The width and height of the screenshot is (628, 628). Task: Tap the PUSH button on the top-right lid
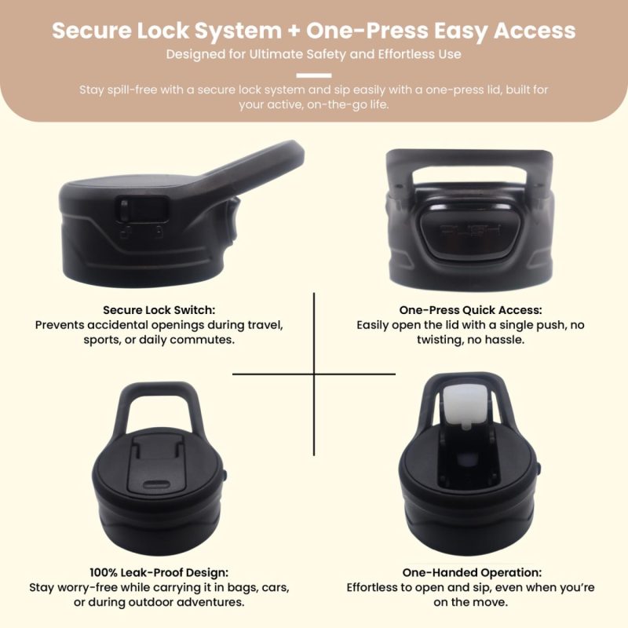tap(469, 233)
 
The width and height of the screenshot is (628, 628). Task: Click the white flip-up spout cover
tap(466, 404)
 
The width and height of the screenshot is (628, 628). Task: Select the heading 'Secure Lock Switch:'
tap(159, 310)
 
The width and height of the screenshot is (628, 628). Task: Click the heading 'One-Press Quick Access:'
tap(470, 310)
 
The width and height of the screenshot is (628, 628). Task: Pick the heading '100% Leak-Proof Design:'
tap(159, 572)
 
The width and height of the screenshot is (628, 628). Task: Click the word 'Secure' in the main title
tap(91, 31)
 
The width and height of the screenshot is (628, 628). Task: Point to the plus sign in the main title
tap(294, 31)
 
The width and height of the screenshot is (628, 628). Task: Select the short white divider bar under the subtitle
tap(314, 75)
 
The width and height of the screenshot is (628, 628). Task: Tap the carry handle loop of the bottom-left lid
tap(158, 400)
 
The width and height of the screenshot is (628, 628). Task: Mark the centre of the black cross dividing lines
tap(314, 374)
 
